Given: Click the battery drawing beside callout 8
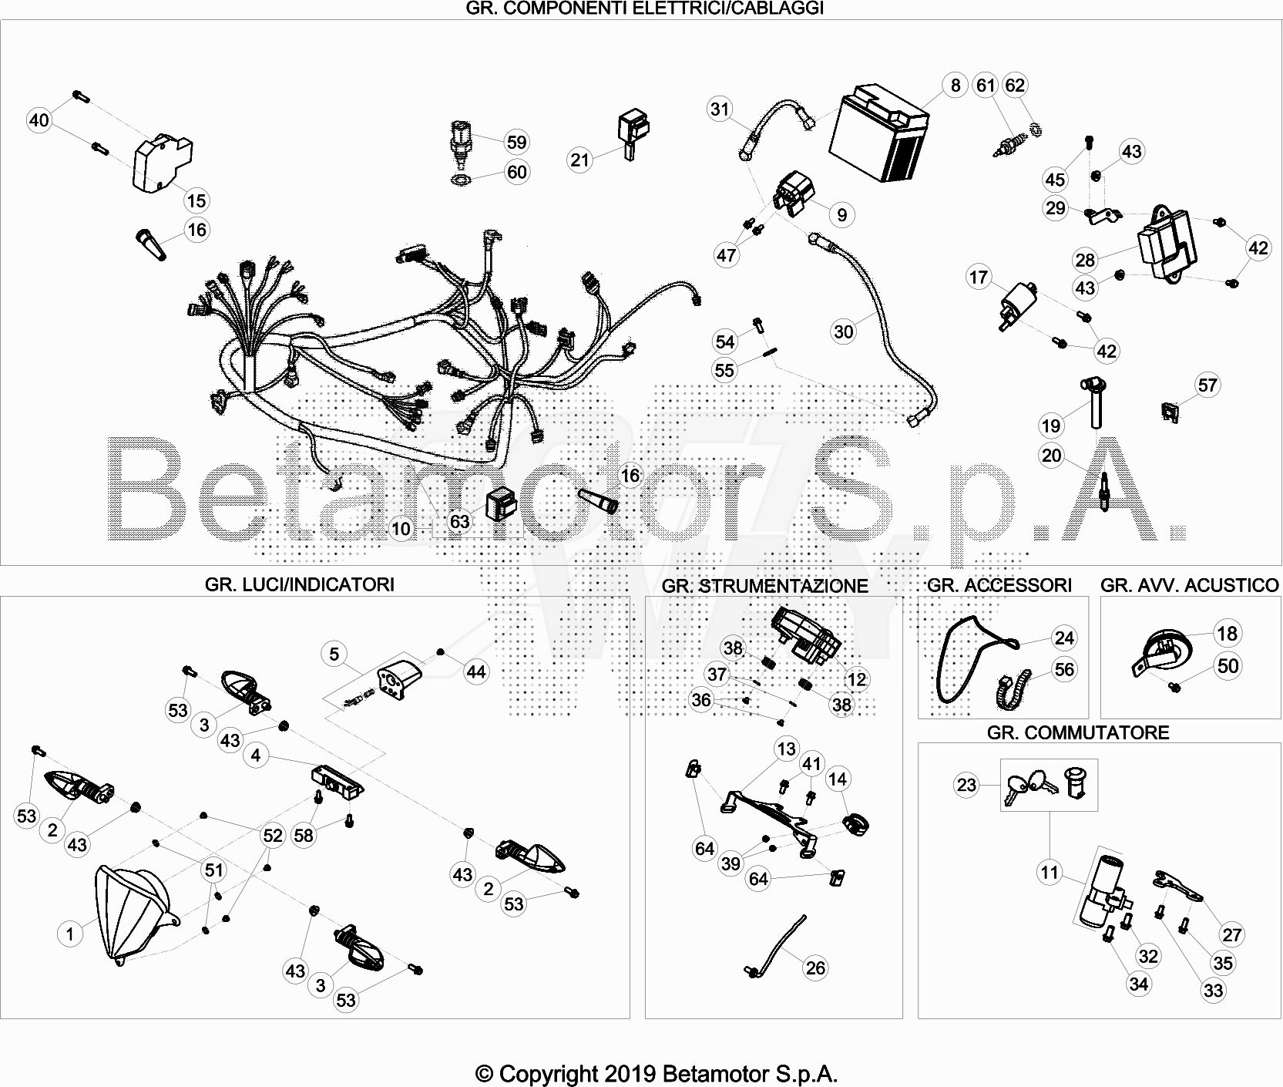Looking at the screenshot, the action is [x=879, y=135].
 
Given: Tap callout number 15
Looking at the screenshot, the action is [x=196, y=200].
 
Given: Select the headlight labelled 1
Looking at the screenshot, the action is [x=134, y=915].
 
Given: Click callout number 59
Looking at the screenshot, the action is [x=516, y=142].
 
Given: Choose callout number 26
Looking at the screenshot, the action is [x=815, y=968].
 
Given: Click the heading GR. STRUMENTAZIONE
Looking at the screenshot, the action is [x=764, y=586].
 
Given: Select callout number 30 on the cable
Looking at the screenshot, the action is [x=844, y=331].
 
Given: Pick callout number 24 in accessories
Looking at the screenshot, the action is [x=1064, y=638].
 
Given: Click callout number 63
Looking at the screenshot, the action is [x=459, y=521].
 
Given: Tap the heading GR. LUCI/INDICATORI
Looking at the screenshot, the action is [x=300, y=584].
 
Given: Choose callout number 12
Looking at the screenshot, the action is [x=856, y=679].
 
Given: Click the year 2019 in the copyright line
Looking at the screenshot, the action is [x=630, y=1073].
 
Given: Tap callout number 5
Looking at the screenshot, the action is [x=334, y=654].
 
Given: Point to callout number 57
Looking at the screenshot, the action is [x=1207, y=385].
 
